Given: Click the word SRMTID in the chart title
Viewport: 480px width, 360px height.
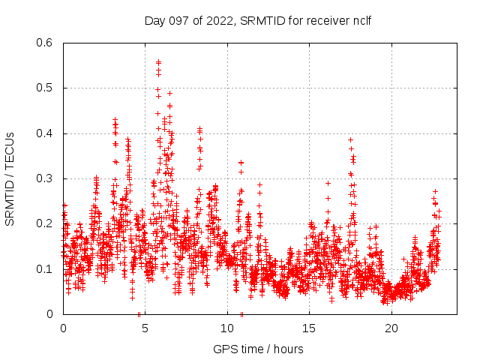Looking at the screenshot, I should (262, 20).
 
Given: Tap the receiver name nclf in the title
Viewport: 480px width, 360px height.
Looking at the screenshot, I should (359, 20).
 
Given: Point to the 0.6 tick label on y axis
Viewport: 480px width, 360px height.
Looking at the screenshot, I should (46, 43).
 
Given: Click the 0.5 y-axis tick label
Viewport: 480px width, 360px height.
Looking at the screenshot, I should (46, 88).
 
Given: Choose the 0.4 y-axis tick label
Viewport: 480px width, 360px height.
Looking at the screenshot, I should (46, 133).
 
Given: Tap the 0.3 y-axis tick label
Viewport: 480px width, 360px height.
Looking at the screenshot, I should (46, 178).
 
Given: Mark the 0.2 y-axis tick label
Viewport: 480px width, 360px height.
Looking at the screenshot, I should (46, 224).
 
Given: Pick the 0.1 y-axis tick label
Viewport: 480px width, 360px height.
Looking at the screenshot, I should (46, 269).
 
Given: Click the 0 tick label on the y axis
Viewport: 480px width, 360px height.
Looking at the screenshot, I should (52, 314).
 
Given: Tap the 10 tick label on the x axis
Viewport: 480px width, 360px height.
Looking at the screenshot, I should (227, 328).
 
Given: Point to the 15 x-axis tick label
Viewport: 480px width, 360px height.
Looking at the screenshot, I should (309, 328).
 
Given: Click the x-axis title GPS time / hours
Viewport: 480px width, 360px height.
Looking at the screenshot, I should (259, 349).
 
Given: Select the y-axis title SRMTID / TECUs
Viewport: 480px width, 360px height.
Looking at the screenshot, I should (10, 178).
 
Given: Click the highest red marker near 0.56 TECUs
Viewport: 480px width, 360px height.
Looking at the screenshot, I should (158, 62).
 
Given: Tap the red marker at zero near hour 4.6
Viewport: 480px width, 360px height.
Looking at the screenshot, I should (139, 313).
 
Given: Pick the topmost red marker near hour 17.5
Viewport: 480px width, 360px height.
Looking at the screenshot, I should (350, 139).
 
